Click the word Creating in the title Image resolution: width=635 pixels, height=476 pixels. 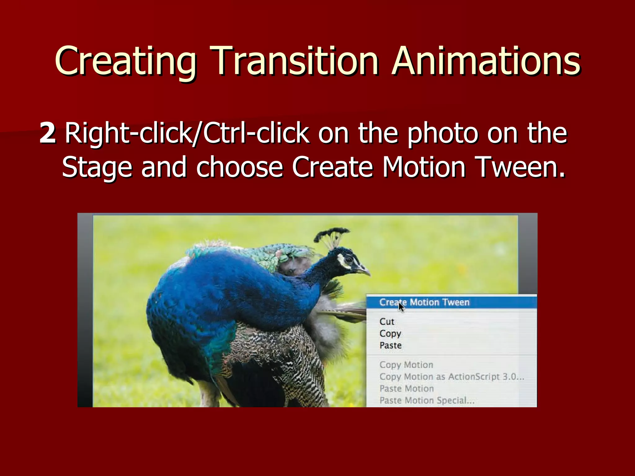[125, 61]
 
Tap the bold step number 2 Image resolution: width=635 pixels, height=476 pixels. [48, 133]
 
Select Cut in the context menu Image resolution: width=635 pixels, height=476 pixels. [387, 322]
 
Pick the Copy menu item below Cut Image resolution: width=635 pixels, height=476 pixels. [390, 333]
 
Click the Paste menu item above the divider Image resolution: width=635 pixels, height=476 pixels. [390, 345]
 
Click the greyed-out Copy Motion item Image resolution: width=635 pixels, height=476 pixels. [406, 365]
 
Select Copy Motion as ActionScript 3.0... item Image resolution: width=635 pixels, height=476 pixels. [451, 377]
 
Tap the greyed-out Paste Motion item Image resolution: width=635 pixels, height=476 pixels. [406, 388]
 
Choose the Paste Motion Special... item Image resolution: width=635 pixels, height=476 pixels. [427, 400]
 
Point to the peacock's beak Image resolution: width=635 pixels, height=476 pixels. [365, 270]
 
